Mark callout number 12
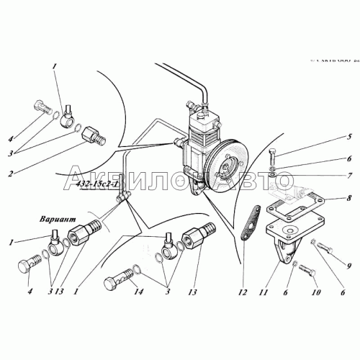(243, 293)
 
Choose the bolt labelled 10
(306, 273)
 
